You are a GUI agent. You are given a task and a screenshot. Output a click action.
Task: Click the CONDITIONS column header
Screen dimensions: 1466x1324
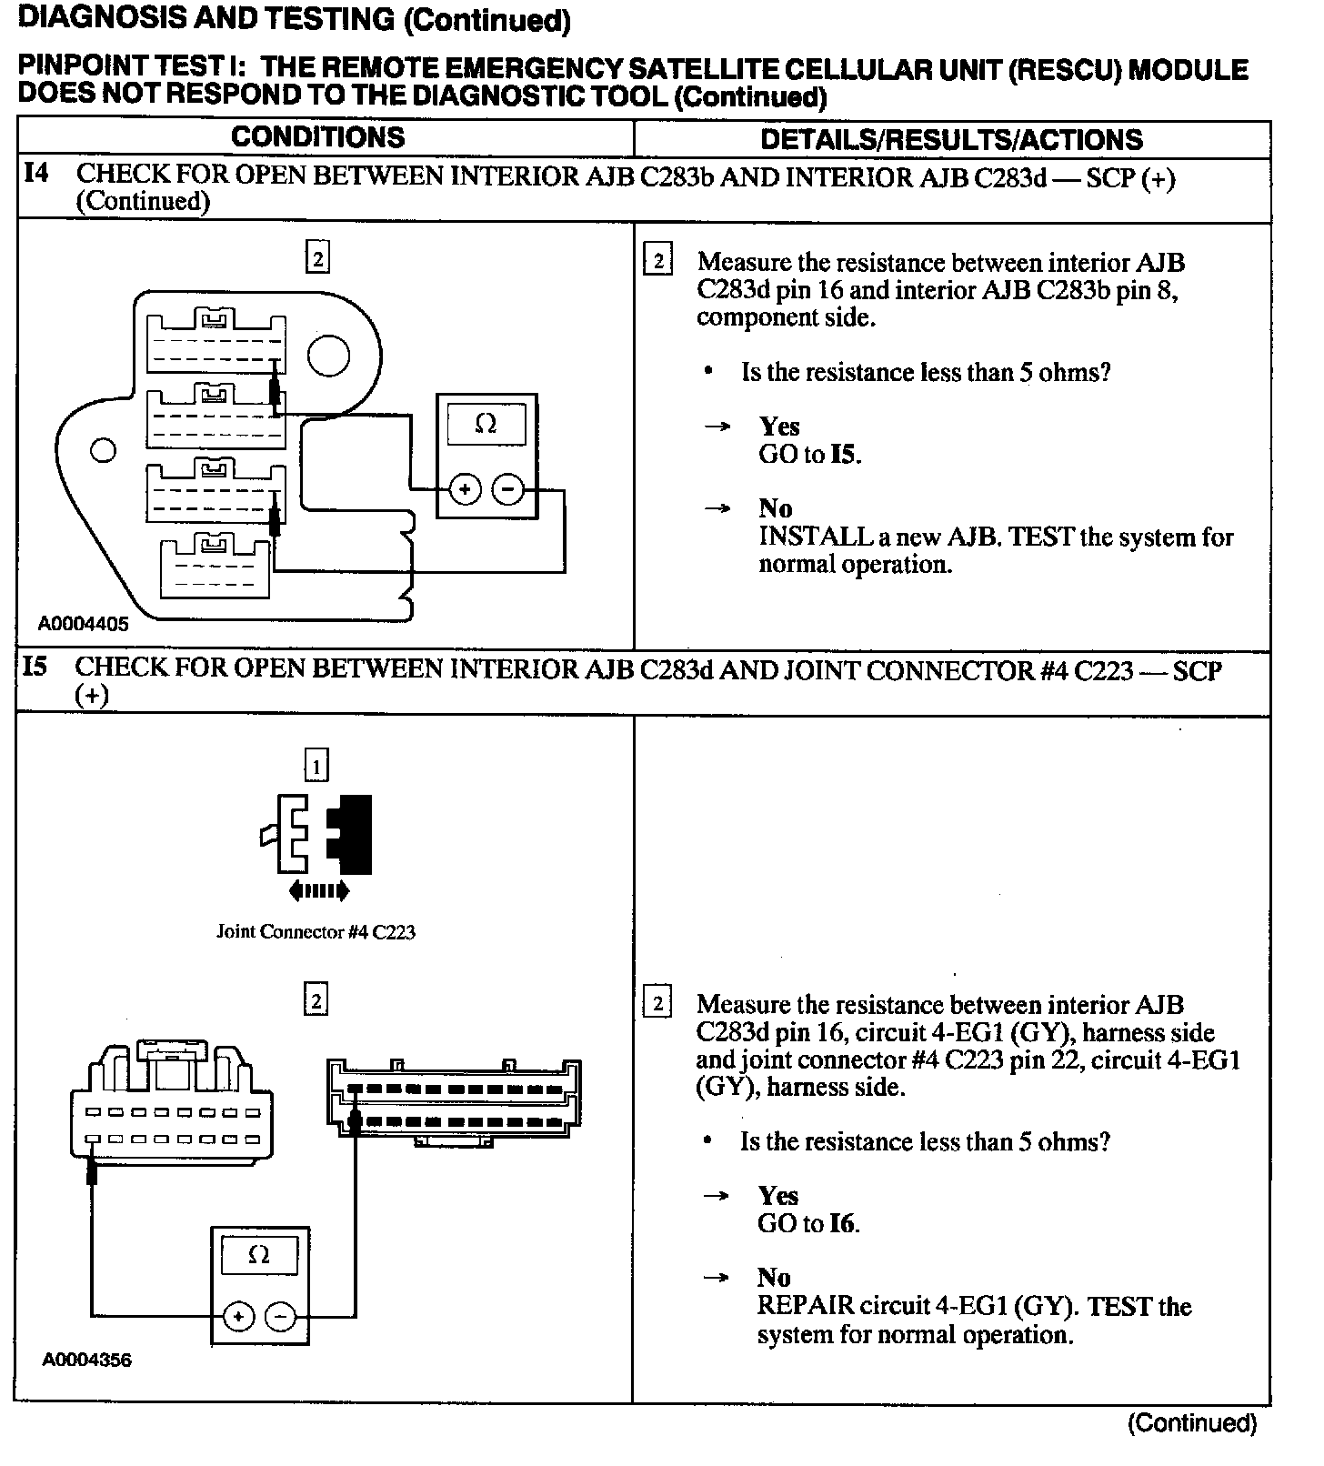click(317, 137)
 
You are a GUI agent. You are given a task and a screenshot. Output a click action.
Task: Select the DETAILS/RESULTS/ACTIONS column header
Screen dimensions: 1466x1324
click(951, 139)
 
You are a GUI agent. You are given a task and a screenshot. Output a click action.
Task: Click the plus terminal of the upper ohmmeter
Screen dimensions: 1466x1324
click(465, 490)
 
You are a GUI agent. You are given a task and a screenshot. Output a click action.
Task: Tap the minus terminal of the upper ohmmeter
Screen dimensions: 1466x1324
click(507, 490)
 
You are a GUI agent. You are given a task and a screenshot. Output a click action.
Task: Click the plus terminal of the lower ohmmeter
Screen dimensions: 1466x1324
click(238, 1316)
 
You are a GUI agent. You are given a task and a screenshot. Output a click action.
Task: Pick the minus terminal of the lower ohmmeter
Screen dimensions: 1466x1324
click(280, 1316)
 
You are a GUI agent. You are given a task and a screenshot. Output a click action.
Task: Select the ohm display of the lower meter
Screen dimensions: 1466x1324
click(259, 1256)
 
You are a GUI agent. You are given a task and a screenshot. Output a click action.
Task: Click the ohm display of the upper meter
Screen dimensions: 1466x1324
click(486, 424)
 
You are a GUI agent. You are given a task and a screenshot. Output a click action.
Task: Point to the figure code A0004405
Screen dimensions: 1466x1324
click(83, 624)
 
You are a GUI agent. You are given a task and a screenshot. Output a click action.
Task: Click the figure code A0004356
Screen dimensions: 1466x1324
click(86, 1361)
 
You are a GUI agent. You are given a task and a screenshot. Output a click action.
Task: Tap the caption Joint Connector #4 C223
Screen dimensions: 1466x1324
click(316, 932)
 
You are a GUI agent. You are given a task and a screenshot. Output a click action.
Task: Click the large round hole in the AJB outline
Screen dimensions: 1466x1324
click(328, 356)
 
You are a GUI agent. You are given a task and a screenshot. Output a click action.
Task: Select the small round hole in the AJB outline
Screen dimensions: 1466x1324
click(104, 450)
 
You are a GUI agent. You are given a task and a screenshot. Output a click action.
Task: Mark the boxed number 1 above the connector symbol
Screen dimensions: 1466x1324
click(316, 767)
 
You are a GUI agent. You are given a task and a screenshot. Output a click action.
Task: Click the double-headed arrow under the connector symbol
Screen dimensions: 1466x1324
click(318, 891)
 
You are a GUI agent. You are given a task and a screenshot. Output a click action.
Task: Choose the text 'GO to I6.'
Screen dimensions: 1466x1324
click(808, 1224)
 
